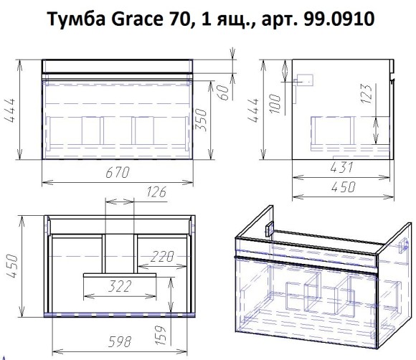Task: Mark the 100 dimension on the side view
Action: tap(275, 101)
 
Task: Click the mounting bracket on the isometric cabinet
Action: tap(269, 230)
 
